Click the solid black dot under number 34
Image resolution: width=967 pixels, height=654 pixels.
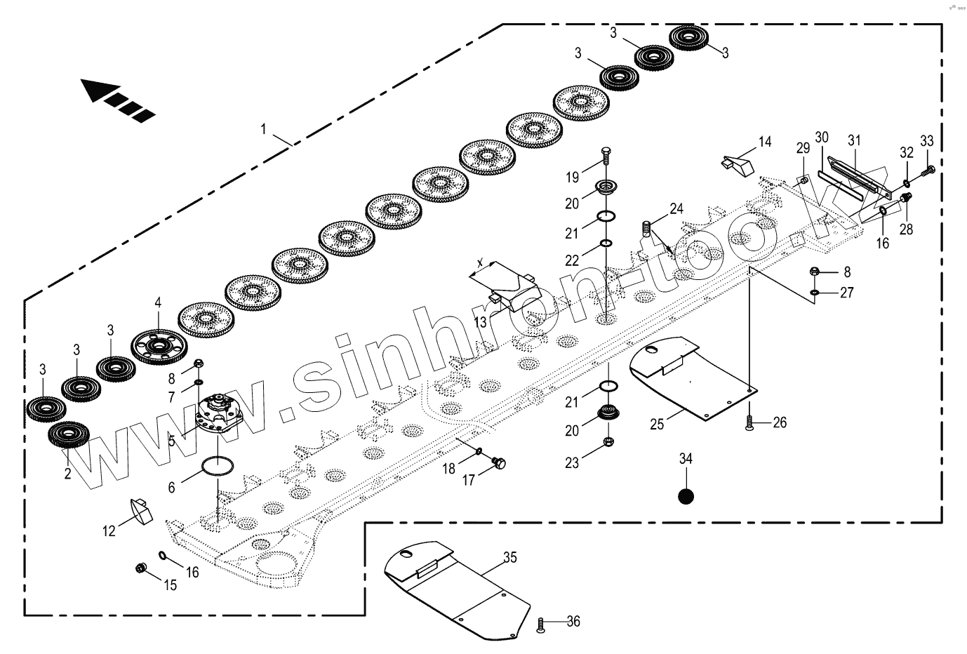[686, 495]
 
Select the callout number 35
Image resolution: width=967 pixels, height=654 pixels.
[509, 558]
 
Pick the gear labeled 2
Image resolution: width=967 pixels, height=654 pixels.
[67, 439]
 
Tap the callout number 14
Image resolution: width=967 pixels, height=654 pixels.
[765, 142]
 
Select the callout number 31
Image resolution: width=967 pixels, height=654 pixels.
[853, 140]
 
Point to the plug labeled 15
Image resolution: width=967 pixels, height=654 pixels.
[141, 567]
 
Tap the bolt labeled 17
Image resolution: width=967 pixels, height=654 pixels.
[500, 463]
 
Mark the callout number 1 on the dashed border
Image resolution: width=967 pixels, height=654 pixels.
[263, 128]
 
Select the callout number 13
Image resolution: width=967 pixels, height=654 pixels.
[480, 321]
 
